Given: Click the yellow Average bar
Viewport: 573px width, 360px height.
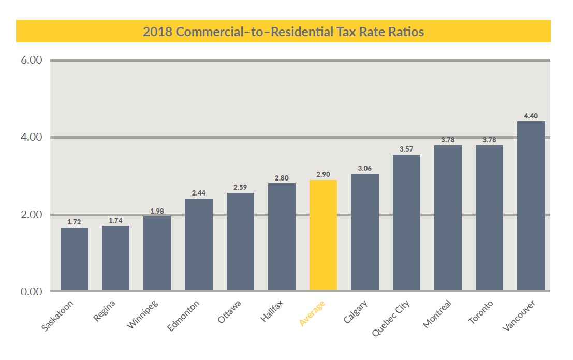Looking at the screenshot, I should point(323,235).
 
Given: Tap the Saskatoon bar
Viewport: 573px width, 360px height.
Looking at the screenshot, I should point(74,259).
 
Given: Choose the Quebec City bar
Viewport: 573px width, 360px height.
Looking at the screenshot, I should point(406,222).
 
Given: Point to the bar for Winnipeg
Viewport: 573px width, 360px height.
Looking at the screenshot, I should point(157,253).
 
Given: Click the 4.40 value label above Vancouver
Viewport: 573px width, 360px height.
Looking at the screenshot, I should point(531,116).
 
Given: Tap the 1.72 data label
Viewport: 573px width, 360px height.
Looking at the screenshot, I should point(74,222).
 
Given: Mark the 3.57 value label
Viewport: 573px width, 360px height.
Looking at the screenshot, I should point(406,149).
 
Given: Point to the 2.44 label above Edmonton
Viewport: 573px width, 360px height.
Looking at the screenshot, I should point(198,193).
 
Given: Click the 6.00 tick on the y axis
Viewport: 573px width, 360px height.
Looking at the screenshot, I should point(32,60).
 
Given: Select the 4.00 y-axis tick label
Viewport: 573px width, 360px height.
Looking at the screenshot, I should point(32,138).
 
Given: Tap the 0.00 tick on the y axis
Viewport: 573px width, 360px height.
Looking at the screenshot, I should point(32,292).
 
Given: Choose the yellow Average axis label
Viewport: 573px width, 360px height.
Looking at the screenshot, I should point(312,313).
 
